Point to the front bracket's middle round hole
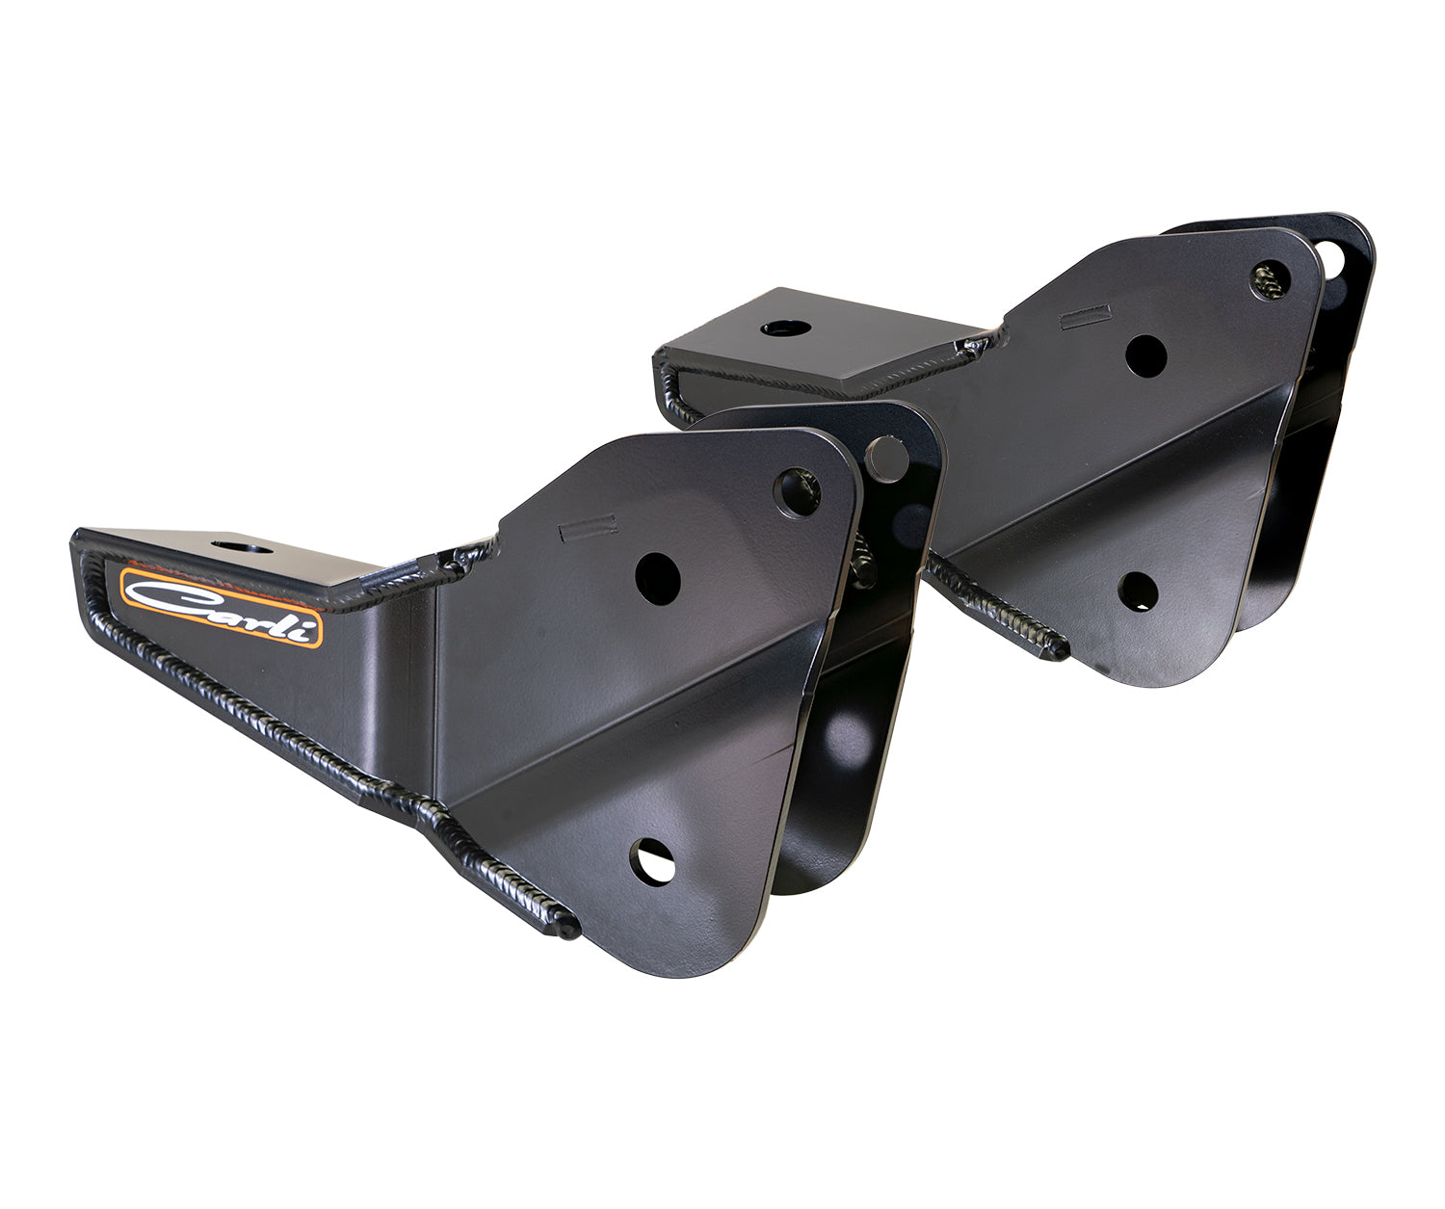[x=658, y=577]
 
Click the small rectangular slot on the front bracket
[x=588, y=526]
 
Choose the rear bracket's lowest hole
[x=1138, y=591]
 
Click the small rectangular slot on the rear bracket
[x=1085, y=317]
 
